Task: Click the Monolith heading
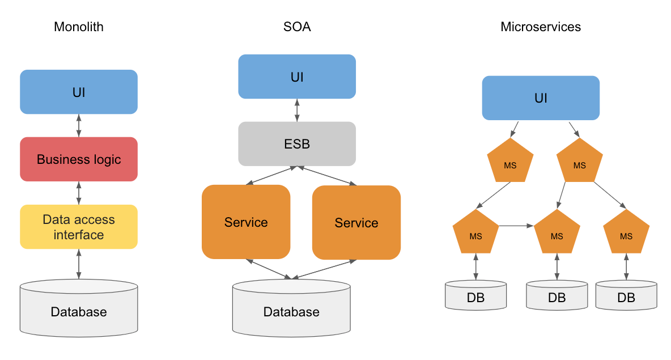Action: tap(79, 27)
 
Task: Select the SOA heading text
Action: tap(297, 27)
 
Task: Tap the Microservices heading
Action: tap(541, 27)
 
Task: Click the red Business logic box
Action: tap(79, 159)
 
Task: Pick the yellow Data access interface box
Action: tap(79, 227)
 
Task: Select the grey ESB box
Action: tap(297, 144)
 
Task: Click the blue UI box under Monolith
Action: tap(79, 92)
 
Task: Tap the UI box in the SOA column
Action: tap(297, 77)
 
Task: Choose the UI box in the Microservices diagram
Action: tap(541, 98)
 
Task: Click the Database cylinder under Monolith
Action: tap(79, 309)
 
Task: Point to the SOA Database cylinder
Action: tap(291, 310)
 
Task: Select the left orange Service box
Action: tap(246, 222)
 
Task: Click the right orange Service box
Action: tap(356, 223)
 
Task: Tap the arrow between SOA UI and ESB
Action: tap(297, 111)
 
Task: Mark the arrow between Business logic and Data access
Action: tap(79, 193)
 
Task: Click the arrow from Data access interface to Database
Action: tap(79, 264)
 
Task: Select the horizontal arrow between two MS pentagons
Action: tap(516, 226)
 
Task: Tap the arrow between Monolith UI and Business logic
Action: tap(79, 125)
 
